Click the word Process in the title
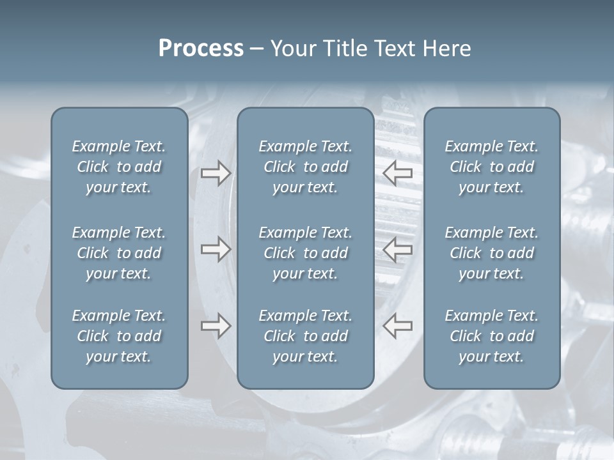tap(201, 49)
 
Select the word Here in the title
tap(446, 49)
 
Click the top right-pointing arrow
tap(216, 172)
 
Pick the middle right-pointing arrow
tap(216, 249)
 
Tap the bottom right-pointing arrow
tap(216, 326)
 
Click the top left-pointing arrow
tap(398, 172)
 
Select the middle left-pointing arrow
tap(398, 249)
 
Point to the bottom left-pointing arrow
tap(398, 326)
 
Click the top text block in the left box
tap(119, 167)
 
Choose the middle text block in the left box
tap(119, 253)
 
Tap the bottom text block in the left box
tap(119, 336)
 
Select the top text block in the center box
tap(306, 167)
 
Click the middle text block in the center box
tap(306, 253)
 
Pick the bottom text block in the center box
tap(306, 336)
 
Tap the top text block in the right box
tap(492, 167)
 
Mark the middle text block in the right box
tap(492, 253)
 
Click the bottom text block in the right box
tap(492, 336)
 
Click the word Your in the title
tap(290, 49)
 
